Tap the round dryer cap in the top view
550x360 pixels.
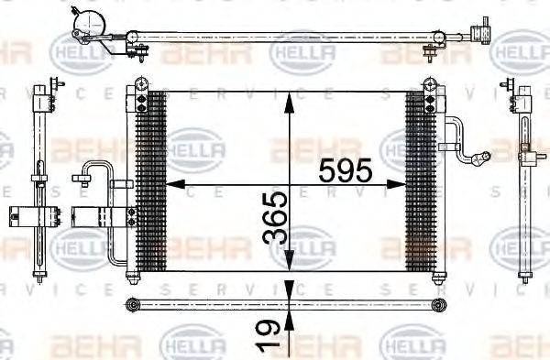click(x=89, y=21)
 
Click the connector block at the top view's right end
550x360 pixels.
click(x=480, y=33)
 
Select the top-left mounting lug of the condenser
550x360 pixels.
click(x=140, y=85)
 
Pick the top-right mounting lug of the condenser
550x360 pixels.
click(x=429, y=85)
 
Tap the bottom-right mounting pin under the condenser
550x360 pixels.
click(x=434, y=277)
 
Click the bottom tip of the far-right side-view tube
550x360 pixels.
click(x=524, y=274)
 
